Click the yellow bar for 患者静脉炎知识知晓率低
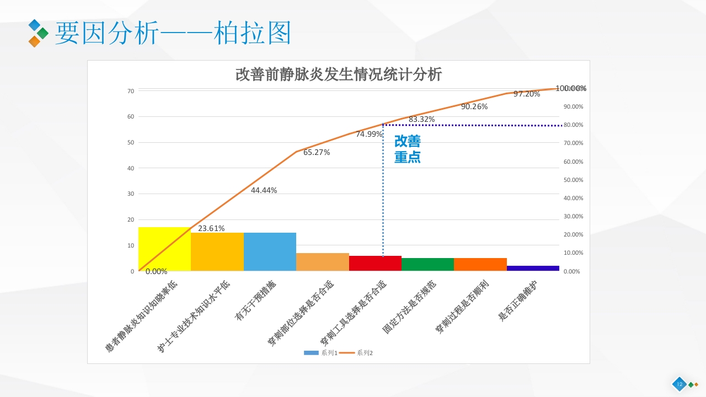coord(164,249)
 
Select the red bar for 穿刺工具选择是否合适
coord(375,263)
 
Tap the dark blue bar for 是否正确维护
coord(533,268)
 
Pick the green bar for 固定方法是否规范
coord(427,264)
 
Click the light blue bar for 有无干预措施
coord(270,251)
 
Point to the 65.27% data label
coord(317,153)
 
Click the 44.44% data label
coord(264,190)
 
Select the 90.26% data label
coord(474,107)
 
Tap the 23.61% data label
coord(211,228)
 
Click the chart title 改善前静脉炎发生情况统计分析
coord(339,74)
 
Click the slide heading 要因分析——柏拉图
coord(173,34)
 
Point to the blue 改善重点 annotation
coord(408,149)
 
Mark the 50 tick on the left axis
coord(131,142)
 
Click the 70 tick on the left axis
coord(131,91)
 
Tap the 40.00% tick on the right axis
coord(574,198)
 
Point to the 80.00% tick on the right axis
coord(574,125)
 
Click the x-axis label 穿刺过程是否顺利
coord(462,307)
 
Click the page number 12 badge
coord(679,384)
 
